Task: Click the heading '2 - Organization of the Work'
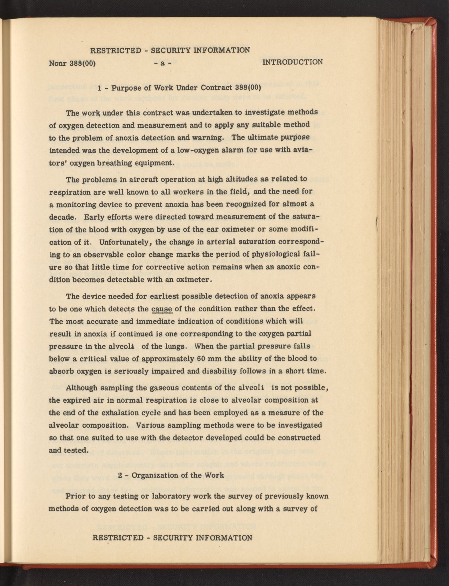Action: (171, 476)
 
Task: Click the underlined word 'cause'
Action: (162, 309)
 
